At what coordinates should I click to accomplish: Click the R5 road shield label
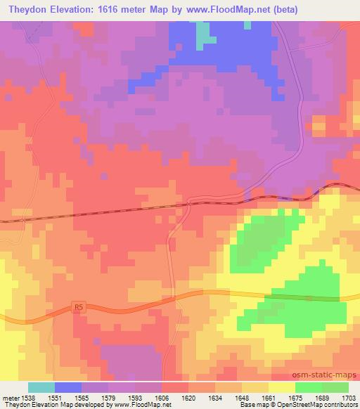click(78, 307)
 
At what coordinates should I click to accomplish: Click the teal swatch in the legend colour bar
click(41, 387)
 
